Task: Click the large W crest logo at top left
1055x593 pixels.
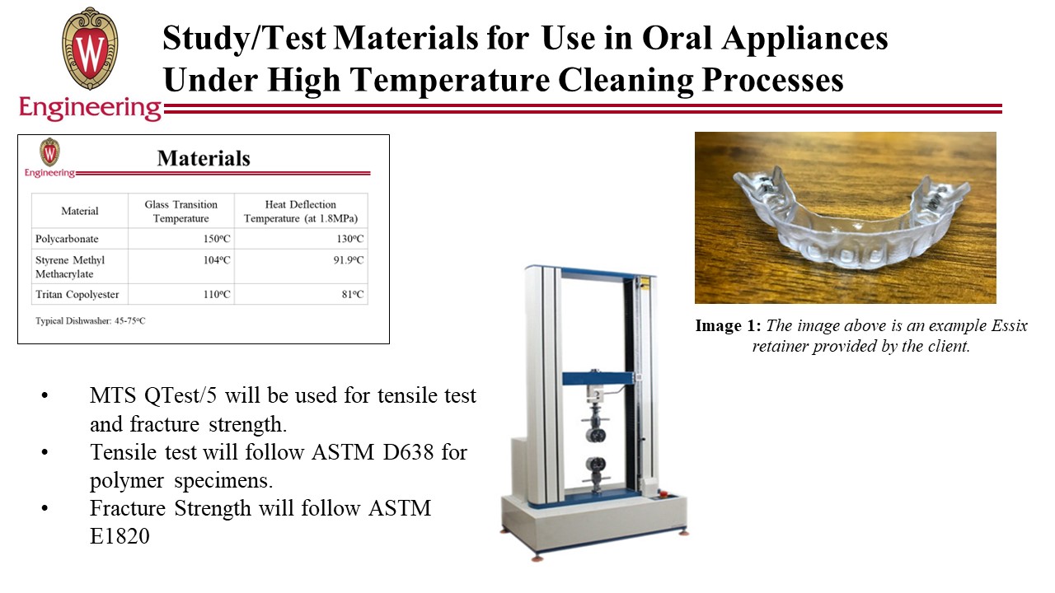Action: pyautogui.click(x=90, y=49)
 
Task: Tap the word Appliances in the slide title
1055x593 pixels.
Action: pyautogui.click(x=805, y=39)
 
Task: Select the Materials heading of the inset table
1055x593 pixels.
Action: pyautogui.click(x=204, y=158)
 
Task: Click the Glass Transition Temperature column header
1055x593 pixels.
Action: pyautogui.click(x=181, y=212)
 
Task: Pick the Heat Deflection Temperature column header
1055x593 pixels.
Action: pyautogui.click(x=301, y=212)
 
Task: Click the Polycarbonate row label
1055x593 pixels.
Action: pyautogui.click(x=67, y=239)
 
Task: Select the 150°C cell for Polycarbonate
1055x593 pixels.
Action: pyautogui.click(x=217, y=239)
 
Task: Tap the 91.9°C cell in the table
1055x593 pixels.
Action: pyautogui.click(x=349, y=260)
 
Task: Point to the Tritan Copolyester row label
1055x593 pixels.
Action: pyautogui.click(x=77, y=294)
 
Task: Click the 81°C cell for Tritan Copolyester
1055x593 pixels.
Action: pyautogui.click(x=353, y=294)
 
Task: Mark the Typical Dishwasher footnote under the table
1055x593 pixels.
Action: pyautogui.click(x=91, y=321)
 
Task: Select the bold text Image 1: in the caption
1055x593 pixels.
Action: pyautogui.click(x=728, y=325)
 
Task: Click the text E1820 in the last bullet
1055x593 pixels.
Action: pyautogui.click(x=120, y=536)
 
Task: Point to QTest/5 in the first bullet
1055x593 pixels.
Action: pyautogui.click(x=181, y=396)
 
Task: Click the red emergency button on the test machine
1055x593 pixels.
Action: pyautogui.click(x=665, y=493)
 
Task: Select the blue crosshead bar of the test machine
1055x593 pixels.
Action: pyautogui.click(x=598, y=378)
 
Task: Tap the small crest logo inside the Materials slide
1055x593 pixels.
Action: pyautogui.click(x=49, y=152)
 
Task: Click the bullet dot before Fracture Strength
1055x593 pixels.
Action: pyautogui.click(x=45, y=509)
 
